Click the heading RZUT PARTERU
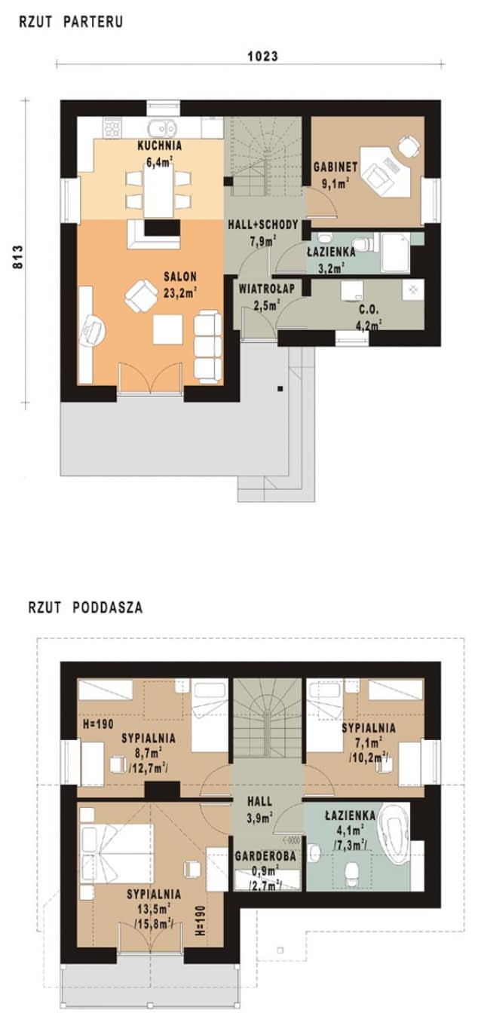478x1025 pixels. point(70,23)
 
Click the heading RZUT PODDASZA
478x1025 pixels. point(84,605)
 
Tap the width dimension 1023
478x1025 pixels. point(262,56)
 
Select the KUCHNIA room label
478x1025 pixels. point(160,145)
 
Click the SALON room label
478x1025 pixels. point(180,277)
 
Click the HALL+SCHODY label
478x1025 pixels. point(264,225)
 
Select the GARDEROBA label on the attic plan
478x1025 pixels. point(265,857)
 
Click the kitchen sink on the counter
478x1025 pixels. point(162,127)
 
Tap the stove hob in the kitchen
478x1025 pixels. point(112,127)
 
